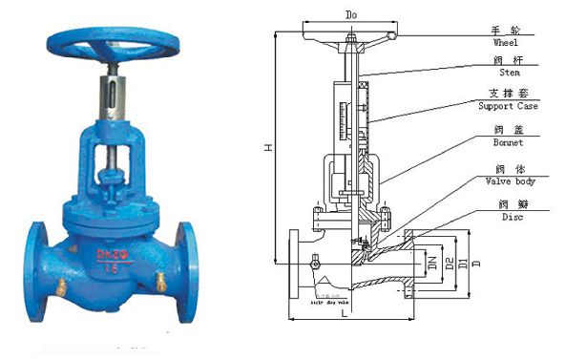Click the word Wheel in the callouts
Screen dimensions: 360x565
pyautogui.click(x=506, y=43)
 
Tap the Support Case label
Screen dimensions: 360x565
pyautogui.click(x=508, y=106)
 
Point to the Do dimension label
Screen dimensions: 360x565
pyautogui.click(x=350, y=16)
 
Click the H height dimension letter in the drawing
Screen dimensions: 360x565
pyautogui.click(x=270, y=149)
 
